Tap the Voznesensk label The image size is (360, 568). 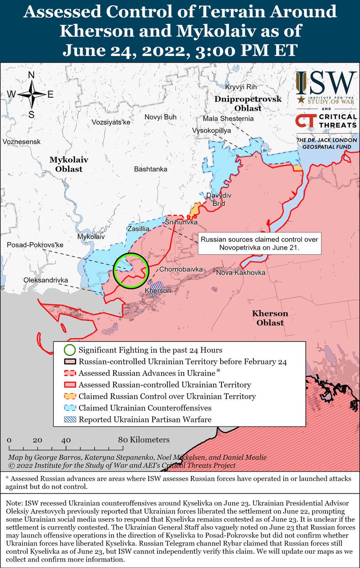pos(21,142)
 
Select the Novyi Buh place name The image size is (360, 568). pos(160,117)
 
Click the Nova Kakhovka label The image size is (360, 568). pos(241,272)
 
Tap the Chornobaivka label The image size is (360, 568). pos(181,269)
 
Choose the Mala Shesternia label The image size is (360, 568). pos(228,118)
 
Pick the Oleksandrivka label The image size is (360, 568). pos(46,280)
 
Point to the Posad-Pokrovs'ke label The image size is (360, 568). pos(36,245)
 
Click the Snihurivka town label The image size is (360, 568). pos(181,222)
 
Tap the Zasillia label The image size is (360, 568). pos(138,229)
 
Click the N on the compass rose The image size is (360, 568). pos(32,75)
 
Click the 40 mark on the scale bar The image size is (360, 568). pos(66,440)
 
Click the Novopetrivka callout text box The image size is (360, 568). pos(259,243)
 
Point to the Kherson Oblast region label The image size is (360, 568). pos(270,318)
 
